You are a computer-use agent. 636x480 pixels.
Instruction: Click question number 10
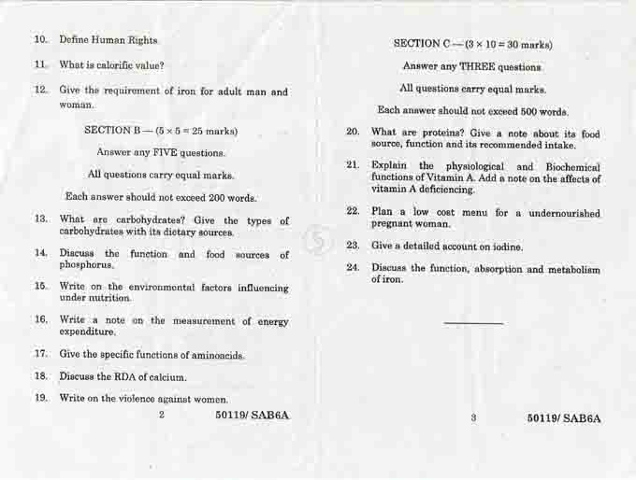point(41,40)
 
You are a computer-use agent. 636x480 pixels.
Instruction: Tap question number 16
point(41,320)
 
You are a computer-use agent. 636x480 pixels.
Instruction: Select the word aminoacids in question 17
point(218,355)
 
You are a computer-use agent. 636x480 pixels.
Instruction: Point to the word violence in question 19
point(141,399)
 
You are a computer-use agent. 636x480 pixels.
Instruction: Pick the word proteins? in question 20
point(443,134)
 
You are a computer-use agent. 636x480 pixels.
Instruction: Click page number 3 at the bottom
point(473,418)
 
